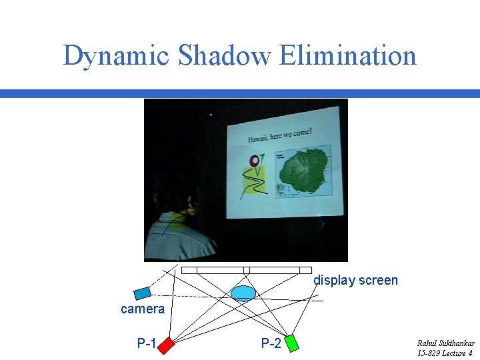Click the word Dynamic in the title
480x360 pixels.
[116, 56]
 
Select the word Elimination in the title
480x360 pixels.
[348, 56]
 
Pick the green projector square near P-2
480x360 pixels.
[291, 343]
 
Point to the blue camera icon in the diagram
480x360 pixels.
[142, 293]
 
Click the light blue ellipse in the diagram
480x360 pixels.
[243, 293]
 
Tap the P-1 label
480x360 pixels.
[147, 344]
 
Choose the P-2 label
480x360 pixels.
[271, 344]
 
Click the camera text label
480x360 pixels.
[142, 309]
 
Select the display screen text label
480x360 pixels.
[355, 281]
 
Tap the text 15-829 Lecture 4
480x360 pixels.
[445, 353]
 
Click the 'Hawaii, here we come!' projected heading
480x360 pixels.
[279, 135]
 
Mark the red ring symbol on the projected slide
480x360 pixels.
[253, 161]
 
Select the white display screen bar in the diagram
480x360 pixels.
[246, 270]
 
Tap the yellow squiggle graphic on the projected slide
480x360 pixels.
[253, 181]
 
